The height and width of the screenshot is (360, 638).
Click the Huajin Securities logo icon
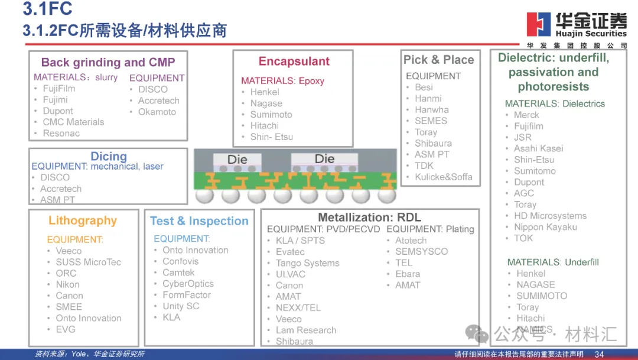click(x=538, y=24)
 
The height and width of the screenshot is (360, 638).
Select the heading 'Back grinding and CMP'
click(x=108, y=62)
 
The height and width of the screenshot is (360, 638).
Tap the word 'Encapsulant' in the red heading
click(x=294, y=61)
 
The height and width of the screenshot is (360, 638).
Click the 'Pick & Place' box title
click(x=438, y=60)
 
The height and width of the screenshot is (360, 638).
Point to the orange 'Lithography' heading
click(x=83, y=220)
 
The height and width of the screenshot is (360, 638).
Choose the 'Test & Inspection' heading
click(x=199, y=221)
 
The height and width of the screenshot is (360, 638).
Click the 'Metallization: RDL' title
click(x=369, y=218)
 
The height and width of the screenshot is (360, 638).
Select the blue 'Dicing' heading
click(x=109, y=156)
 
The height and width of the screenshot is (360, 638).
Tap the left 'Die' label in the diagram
click(x=237, y=159)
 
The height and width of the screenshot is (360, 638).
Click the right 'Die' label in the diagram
click(x=324, y=158)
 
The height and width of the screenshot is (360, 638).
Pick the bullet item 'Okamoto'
click(x=157, y=112)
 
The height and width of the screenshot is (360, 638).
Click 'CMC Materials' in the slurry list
click(x=73, y=122)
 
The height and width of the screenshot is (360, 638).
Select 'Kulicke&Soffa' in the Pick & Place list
click(x=443, y=177)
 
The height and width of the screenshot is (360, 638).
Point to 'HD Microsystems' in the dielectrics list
click(x=550, y=216)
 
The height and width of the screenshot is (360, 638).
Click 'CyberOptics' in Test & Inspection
click(x=188, y=284)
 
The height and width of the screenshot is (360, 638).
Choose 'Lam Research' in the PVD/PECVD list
click(x=306, y=330)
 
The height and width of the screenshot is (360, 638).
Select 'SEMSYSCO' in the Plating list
click(x=421, y=251)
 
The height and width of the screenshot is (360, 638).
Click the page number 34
click(x=599, y=354)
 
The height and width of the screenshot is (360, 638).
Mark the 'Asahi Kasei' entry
click(x=538, y=148)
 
